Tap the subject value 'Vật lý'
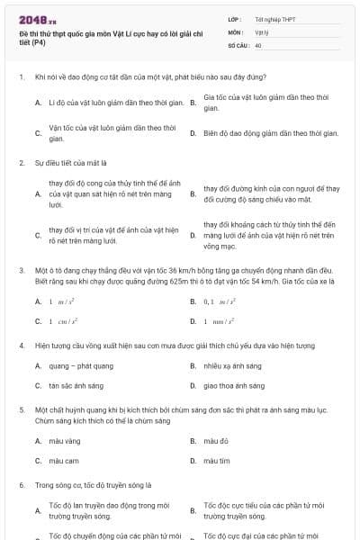pos(261,31)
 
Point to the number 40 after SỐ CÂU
pos(258,44)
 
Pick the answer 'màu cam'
pos(64,460)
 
